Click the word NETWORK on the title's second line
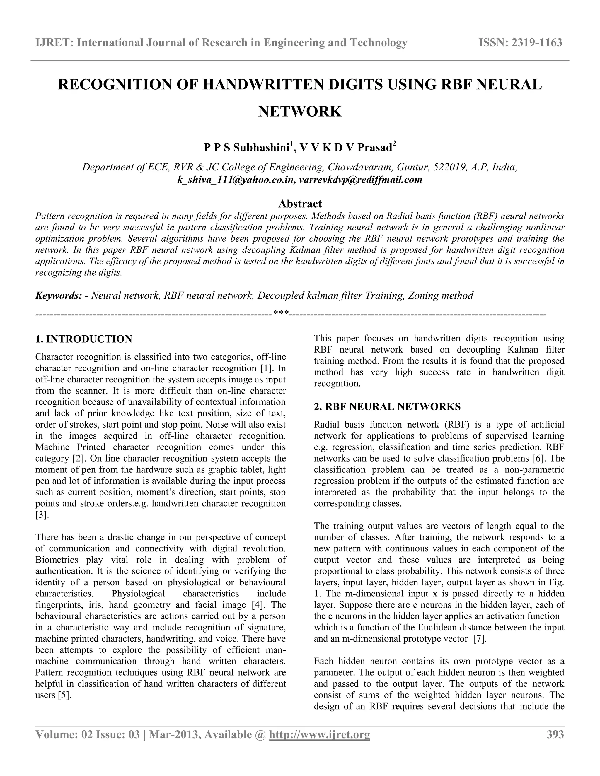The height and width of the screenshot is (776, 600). click(x=300, y=112)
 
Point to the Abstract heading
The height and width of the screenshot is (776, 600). click(x=300, y=204)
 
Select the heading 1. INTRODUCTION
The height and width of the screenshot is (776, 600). click(x=84, y=339)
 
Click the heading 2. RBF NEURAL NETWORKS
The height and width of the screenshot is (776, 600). click(x=387, y=406)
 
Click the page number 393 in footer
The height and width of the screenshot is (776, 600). click(x=555, y=734)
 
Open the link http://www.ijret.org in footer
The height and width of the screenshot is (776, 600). click(x=319, y=734)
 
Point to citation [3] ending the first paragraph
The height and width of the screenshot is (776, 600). click(x=42, y=515)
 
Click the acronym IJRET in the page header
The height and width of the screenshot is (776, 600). click(x=53, y=43)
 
